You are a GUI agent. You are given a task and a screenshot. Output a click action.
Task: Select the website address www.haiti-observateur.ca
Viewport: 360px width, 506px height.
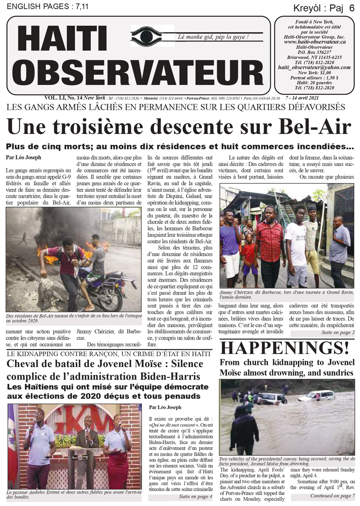[x=315, y=42]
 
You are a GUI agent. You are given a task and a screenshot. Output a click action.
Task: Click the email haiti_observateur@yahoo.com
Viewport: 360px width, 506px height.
[x=314, y=68]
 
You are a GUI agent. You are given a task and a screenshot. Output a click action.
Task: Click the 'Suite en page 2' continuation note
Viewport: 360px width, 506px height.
[x=338, y=332]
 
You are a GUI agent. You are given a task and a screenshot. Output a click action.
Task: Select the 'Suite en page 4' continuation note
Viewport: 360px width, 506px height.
[x=195, y=496]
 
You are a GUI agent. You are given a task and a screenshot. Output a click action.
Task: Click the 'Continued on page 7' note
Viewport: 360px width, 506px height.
[x=332, y=496]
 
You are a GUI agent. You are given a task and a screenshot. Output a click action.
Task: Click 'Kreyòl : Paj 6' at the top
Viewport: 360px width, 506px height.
[x=324, y=8]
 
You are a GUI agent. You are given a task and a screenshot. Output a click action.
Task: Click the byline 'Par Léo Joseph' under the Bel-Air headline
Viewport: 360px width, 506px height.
[x=24, y=158]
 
